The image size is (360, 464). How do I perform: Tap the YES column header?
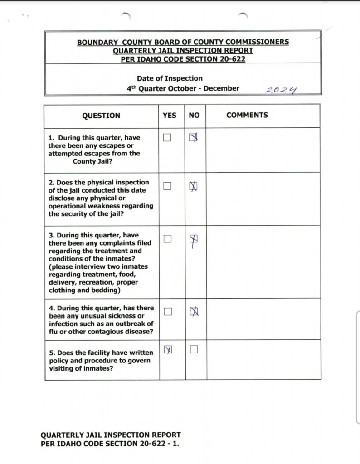point(169,116)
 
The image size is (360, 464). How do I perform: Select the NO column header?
point(194,116)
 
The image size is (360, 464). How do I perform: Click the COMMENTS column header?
point(247,115)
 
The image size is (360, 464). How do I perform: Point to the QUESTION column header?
point(101,116)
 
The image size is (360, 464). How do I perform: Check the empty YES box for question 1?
point(167,138)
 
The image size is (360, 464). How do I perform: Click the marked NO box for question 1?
point(194,138)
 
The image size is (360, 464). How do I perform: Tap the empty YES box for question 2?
point(167,186)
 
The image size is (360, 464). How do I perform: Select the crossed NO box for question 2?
point(194,186)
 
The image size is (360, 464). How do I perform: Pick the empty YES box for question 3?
point(167,239)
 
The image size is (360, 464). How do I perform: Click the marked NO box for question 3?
point(194,239)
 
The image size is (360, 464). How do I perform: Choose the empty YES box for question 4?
point(167,311)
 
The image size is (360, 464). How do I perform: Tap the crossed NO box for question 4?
point(194,311)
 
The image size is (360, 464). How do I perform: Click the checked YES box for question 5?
point(167,349)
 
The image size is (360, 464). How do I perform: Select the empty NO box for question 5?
point(194,349)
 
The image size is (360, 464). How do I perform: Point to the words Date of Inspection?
point(170,78)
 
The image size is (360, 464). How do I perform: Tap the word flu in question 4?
point(54,332)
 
